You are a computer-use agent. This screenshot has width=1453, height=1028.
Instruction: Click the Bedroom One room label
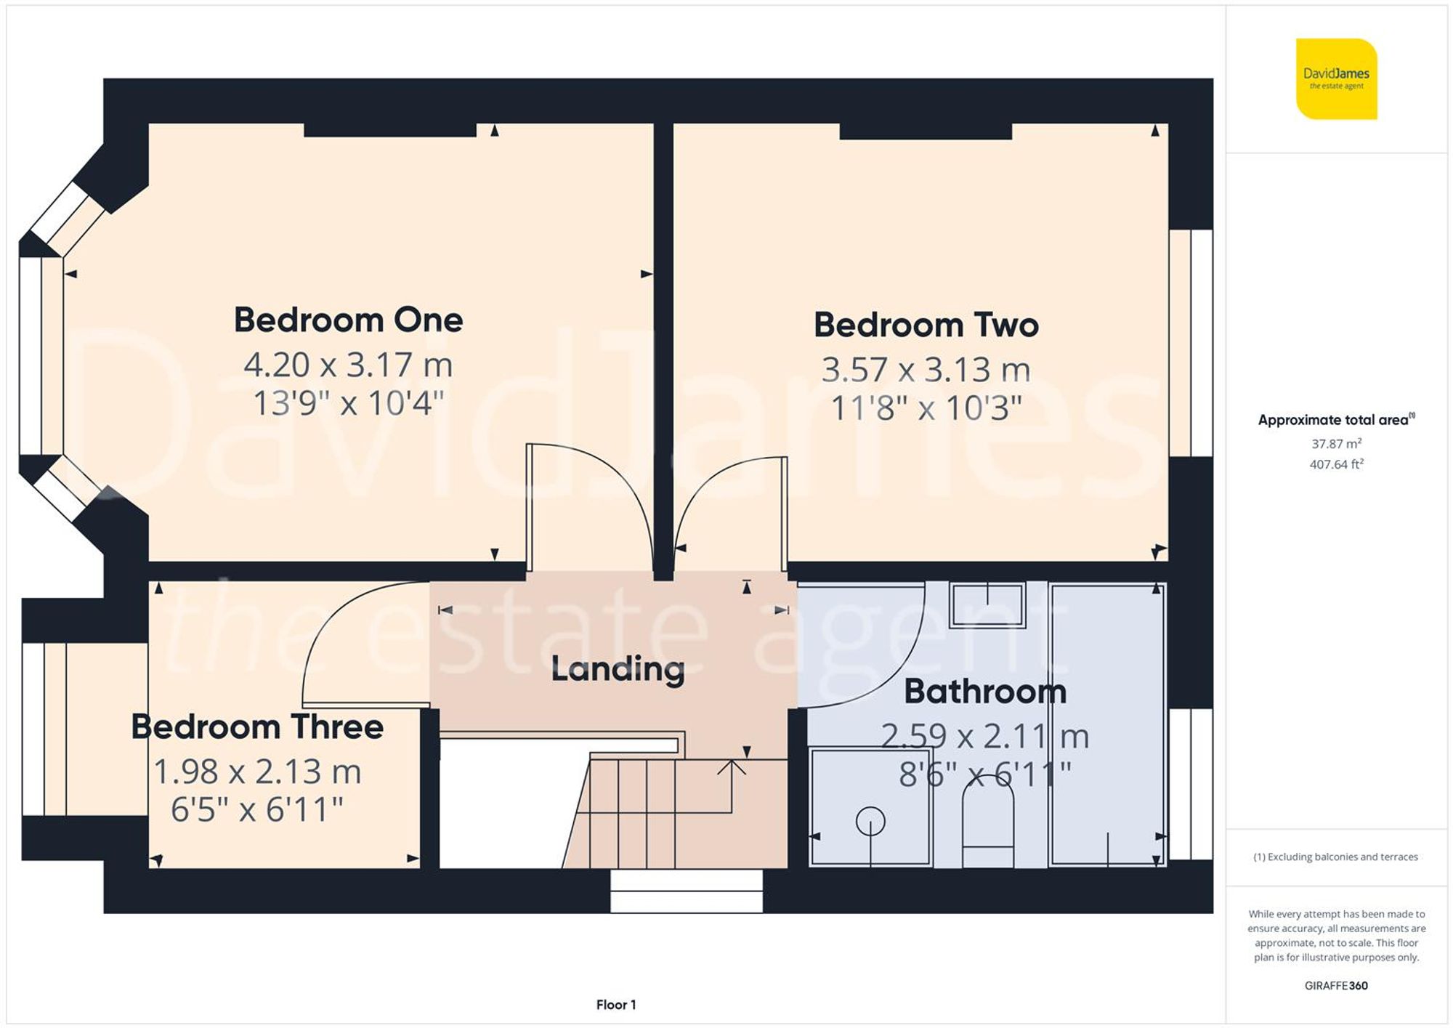pos(348,320)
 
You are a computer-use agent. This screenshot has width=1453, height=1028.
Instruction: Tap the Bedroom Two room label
pos(926,325)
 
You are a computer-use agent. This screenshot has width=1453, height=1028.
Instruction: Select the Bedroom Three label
pos(257,727)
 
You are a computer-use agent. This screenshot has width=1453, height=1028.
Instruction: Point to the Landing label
pos(618,670)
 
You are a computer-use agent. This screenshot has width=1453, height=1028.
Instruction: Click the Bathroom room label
pos(984,692)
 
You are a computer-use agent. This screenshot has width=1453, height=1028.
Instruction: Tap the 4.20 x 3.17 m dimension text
pos(348,365)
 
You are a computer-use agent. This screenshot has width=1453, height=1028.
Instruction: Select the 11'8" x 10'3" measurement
pos(926,408)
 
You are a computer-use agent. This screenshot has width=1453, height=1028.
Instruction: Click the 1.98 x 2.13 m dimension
pos(257,772)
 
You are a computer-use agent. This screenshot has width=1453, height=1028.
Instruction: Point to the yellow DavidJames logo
pos(1336,78)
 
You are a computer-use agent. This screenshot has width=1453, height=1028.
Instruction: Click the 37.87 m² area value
pos(1336,443)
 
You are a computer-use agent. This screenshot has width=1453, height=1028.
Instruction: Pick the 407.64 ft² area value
pos(1336,464)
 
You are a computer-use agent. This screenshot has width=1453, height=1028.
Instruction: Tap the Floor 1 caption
pos(616,1005)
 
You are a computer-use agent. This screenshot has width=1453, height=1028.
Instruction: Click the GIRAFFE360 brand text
pos(1336,986)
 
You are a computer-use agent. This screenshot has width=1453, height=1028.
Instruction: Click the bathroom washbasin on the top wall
pos(987,604)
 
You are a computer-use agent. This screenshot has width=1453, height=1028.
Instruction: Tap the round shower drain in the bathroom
pos(870,822)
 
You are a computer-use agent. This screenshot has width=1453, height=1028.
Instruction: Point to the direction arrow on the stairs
pos(731,767)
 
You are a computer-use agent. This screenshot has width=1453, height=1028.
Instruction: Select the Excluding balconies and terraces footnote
pos(1336,857)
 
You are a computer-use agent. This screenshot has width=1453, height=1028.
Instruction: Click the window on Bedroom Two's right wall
pos(1191,343)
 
